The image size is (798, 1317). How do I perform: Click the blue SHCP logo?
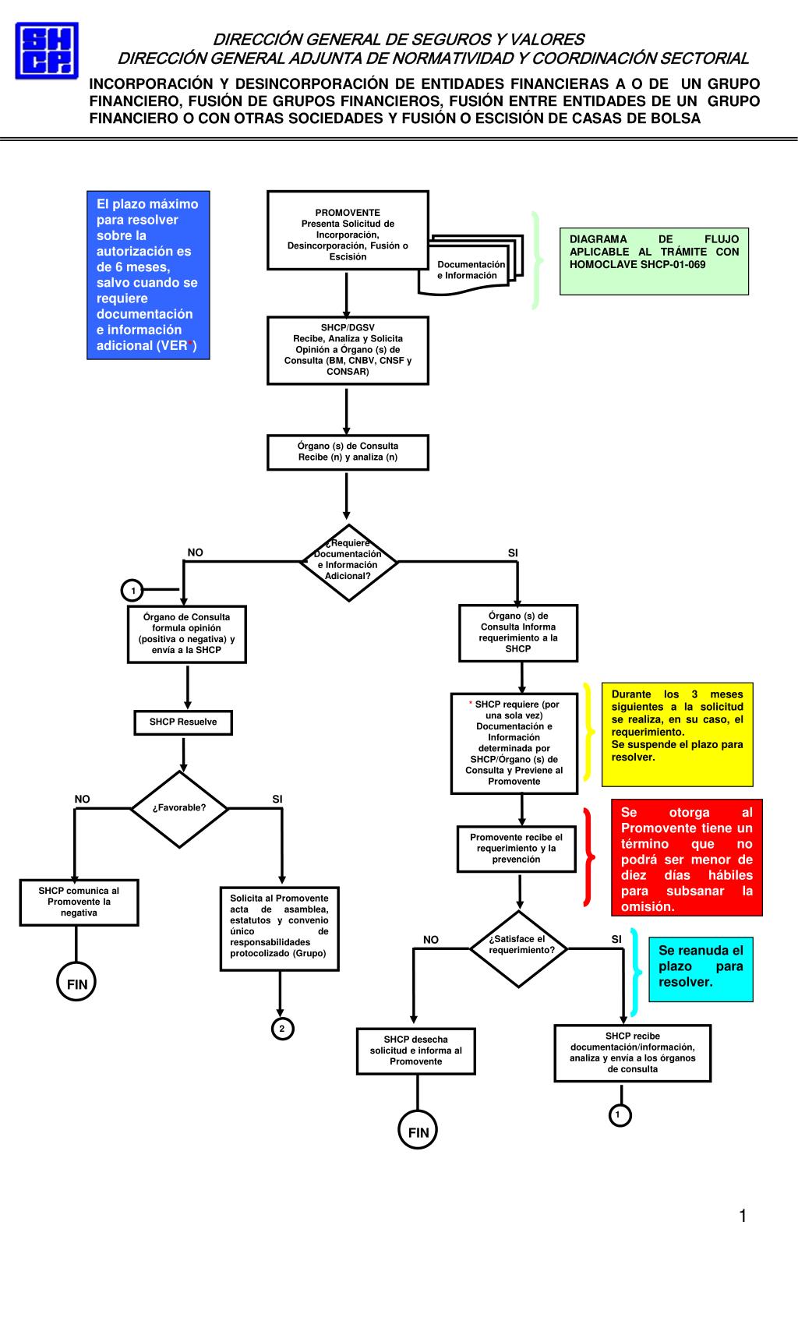(47, 51)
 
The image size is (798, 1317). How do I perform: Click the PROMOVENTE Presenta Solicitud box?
(348, 231)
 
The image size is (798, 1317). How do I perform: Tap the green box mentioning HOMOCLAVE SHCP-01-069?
(654, 261)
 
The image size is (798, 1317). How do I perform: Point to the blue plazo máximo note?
(148, 274)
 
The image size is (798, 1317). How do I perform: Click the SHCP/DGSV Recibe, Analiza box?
(348, 351)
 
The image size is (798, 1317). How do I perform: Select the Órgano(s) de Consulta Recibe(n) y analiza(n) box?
(348, 452)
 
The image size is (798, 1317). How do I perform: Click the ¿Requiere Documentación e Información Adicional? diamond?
(348, 563)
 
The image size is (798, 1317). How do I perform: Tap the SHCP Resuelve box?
(183, 722)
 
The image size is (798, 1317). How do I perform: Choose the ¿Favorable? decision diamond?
(179, 809)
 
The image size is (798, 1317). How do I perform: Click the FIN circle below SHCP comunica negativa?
(76, 982)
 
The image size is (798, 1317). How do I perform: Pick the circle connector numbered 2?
(282, 1029)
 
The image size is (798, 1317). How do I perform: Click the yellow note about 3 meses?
(677, 734)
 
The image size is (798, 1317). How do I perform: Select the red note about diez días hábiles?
(687, 858)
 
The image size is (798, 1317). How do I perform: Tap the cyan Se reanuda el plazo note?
(701, 969)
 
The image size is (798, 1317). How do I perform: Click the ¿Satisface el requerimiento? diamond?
(519, 949)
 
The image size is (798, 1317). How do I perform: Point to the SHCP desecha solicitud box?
(416, 1051)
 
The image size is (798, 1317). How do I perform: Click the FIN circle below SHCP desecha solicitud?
(418, 1130)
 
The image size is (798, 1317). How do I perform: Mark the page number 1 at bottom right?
(743, 1216)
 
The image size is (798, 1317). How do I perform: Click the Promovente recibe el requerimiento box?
(517, 849)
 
